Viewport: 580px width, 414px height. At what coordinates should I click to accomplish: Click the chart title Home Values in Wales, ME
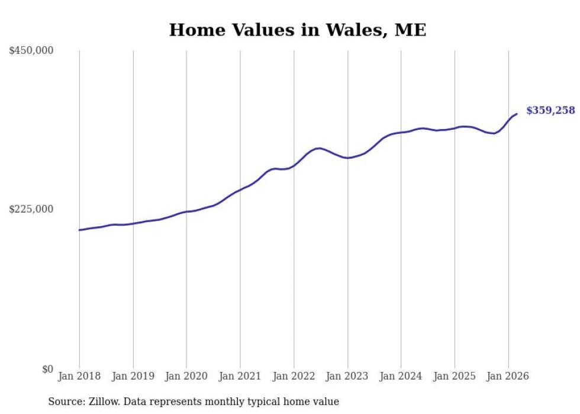297,30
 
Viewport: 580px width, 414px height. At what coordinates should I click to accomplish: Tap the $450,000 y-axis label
31,51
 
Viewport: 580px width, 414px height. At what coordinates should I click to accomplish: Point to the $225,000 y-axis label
31,209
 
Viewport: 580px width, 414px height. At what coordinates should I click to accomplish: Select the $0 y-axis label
47,369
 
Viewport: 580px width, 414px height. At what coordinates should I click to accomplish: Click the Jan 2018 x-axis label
79,376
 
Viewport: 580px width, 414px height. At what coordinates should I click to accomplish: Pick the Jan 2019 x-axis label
133,376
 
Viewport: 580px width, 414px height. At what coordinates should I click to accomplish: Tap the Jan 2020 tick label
186,376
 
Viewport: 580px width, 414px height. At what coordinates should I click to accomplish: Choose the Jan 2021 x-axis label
240,376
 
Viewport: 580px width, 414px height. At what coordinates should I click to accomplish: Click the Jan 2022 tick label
294,376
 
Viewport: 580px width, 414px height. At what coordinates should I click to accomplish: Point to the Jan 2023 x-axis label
347,376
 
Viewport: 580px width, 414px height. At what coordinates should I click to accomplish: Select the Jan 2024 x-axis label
401,376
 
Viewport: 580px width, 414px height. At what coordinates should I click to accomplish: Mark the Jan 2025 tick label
455,376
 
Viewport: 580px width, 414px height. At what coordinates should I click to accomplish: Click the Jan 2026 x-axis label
508,376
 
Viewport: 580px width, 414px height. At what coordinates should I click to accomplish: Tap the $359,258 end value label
550,110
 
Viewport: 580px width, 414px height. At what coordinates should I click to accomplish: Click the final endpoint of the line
517,114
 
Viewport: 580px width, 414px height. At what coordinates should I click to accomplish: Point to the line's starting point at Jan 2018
79,230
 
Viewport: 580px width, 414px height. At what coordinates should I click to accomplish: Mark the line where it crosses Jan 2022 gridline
294,165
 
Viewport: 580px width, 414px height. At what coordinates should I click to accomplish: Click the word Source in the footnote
65,402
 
